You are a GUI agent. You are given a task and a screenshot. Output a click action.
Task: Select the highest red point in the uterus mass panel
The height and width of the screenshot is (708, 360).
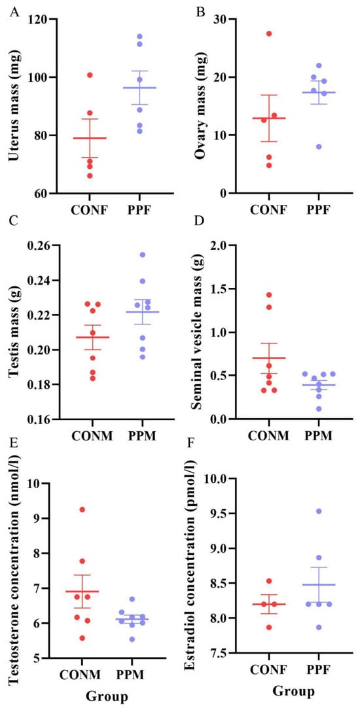click(x=90, y=75)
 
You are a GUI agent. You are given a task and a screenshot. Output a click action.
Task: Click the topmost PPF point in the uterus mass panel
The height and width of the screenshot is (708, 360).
click(x=139, y=36)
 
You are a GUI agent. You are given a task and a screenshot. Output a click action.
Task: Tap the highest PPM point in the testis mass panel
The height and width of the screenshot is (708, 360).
click(x=142, y=255)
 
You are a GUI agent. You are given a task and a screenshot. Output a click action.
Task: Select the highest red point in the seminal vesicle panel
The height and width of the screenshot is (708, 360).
click(x=269, y=295)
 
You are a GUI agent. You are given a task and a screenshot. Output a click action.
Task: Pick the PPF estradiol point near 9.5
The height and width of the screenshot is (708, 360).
click(x=319, y=511)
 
